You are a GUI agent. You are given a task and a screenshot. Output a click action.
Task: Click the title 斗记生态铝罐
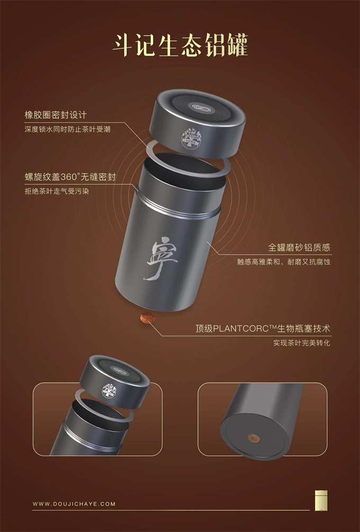(x=180, y=45)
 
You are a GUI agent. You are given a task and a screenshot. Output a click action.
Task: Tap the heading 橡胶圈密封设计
(x=55, y=115)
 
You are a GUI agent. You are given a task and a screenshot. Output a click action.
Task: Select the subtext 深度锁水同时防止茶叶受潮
(x=67, y=129)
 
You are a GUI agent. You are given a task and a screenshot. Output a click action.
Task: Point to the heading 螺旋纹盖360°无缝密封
(x=70, y=177)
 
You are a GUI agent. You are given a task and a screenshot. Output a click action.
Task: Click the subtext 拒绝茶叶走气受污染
(x=57, y=191)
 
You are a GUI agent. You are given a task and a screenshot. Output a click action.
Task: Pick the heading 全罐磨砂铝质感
(x=299, y=247)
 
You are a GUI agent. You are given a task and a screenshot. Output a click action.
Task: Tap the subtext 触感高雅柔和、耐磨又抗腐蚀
(x=284, y=262)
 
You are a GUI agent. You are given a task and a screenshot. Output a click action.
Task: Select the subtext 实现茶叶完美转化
(x=302, y=342)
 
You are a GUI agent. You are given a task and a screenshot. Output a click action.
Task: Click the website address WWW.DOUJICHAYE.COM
(x=74, y=504)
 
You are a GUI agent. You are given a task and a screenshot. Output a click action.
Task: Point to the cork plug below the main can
(x=148, y=318)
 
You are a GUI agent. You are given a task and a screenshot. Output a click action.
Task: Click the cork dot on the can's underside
(x=254, y=438)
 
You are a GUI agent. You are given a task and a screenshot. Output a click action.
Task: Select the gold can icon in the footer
(x=321, y=500)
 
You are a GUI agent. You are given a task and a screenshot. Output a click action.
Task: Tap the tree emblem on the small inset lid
(x=110, y=391)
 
